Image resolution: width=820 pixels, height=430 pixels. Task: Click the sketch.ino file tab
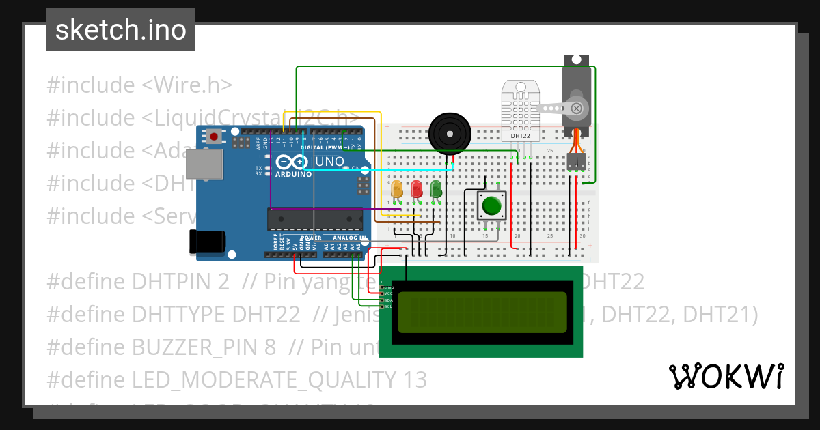tap(121, 30)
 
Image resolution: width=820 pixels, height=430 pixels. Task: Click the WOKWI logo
tap(725, 376)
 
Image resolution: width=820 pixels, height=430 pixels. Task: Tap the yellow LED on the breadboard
tap(396, 188)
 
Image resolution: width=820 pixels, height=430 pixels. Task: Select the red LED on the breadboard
tap(416, 188)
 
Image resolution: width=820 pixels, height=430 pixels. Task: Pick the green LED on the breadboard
tap(436, 188)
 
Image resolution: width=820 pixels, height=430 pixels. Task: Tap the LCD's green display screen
tap(482, 312)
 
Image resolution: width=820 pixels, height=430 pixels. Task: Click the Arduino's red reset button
tap(215, 137)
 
